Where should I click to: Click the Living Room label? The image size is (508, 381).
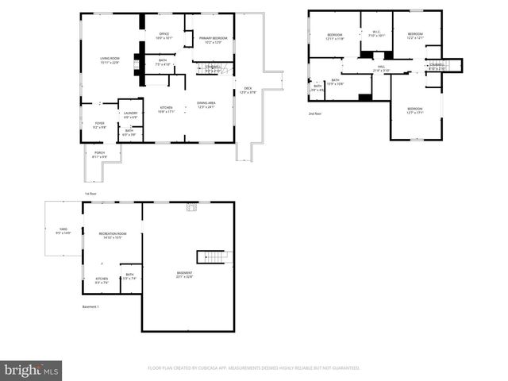point(109,60)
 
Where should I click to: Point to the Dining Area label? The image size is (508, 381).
point(208,106)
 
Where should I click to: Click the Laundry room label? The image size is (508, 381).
point(130,114)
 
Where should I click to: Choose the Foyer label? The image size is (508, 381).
point(100,125)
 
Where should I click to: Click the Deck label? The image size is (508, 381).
point(247,90)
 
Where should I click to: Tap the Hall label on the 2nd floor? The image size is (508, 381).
point(381,67)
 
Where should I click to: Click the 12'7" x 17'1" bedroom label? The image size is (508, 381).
point(415,110)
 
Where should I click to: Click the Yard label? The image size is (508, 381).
point(62,231)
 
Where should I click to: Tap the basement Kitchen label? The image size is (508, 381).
point(102,280)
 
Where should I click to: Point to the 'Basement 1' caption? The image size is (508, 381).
point(90,306)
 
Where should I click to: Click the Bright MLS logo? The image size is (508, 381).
point(32,370)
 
